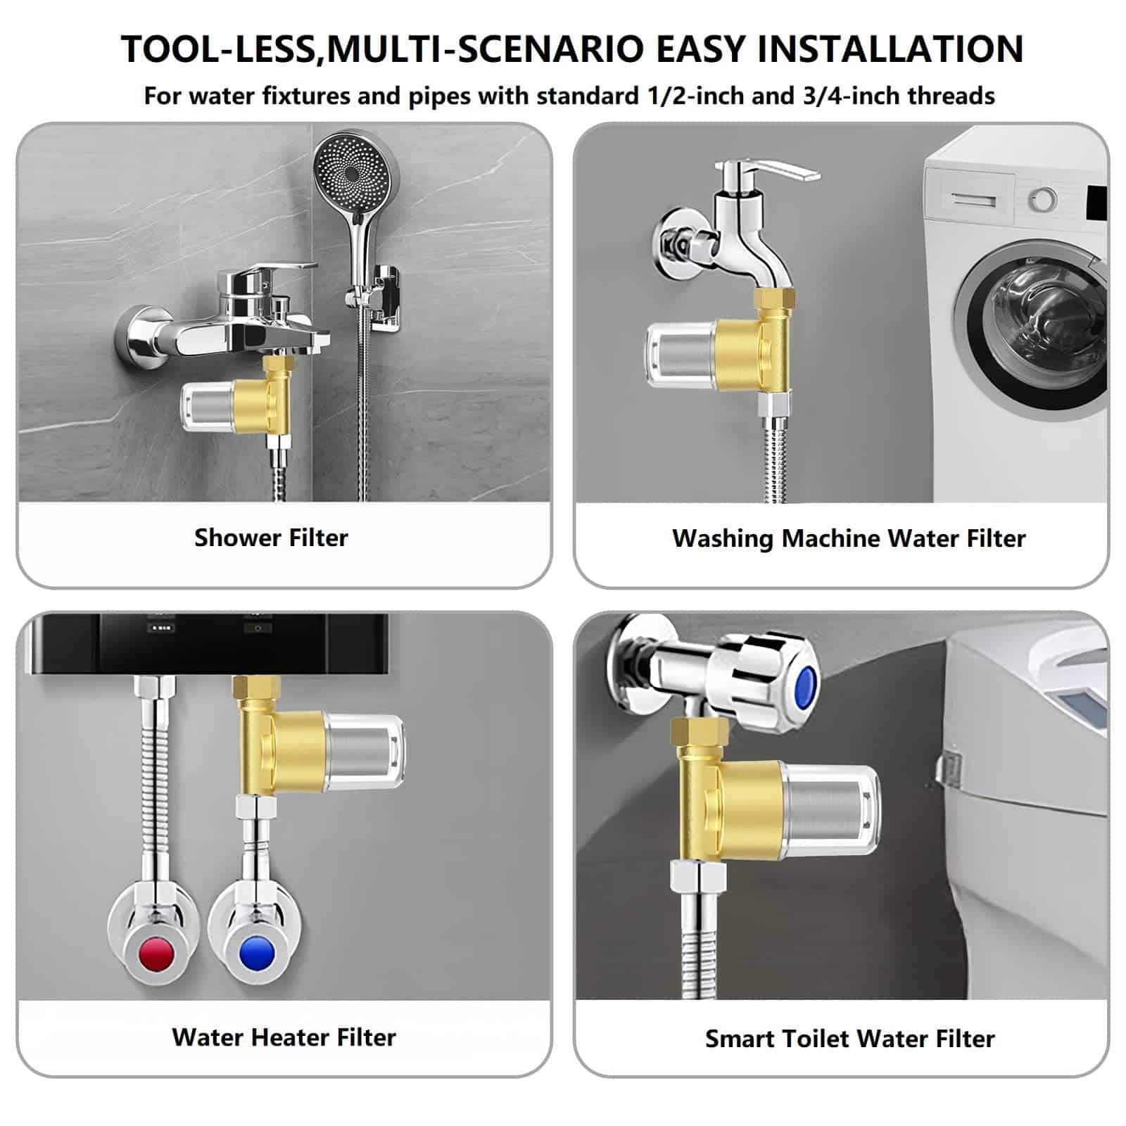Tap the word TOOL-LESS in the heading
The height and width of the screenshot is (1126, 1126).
(x=217, y=49)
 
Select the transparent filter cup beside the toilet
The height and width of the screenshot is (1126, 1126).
(x=830, y=809)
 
